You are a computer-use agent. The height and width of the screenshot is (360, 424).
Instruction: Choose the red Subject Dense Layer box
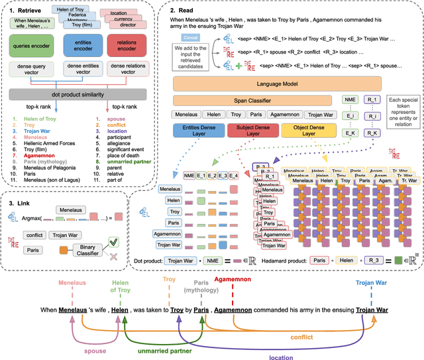click(x=246, y=131)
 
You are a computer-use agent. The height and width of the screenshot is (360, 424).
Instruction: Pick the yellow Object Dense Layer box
click(x=293, y=131)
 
